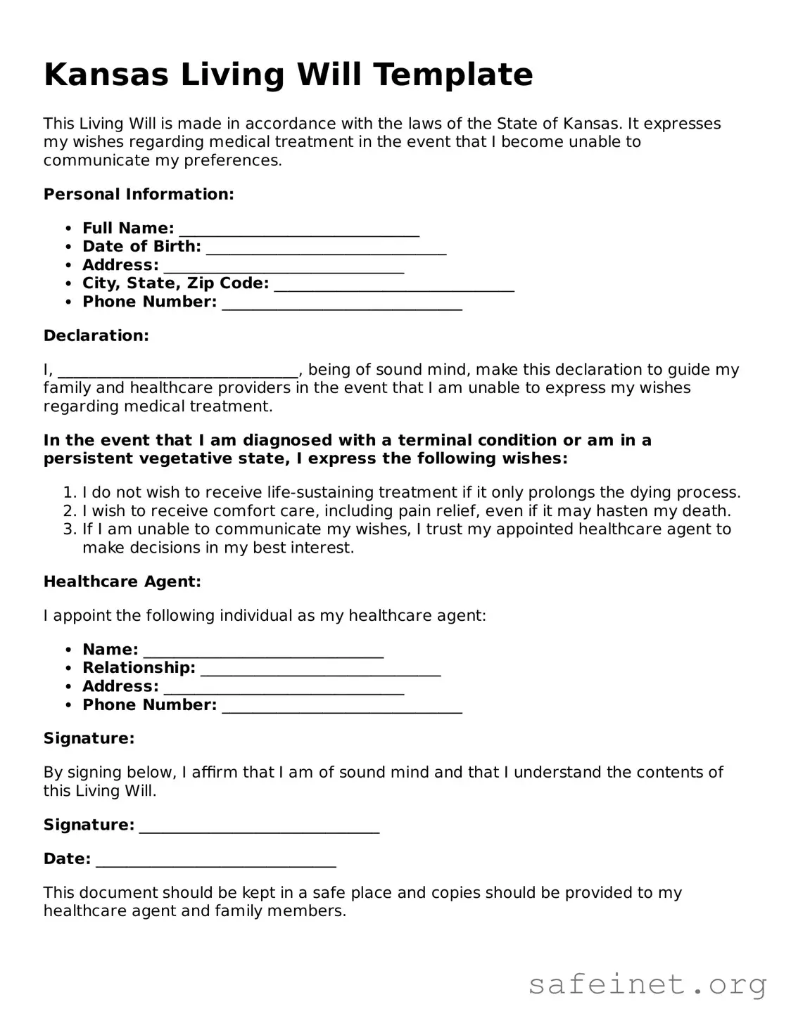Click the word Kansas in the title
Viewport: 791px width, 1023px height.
point(106,75)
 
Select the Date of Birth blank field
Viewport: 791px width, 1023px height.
point(326,248)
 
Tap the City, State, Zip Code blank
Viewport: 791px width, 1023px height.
point(394,285)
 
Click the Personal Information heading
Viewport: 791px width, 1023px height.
point(139,194)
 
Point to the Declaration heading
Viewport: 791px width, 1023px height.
point(96,335)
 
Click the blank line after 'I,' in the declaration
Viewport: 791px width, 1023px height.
point(178,371)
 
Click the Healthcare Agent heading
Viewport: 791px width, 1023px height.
point(122,581)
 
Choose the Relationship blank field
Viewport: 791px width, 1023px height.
point(320,669)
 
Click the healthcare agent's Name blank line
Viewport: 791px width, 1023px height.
point(263,651)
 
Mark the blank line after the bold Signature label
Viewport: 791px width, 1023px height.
point(259,826)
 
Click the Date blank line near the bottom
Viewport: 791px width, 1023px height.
point(215,861)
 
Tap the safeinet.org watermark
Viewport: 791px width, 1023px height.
point(647,985)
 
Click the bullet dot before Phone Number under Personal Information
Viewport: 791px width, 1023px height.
point(68,302)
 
